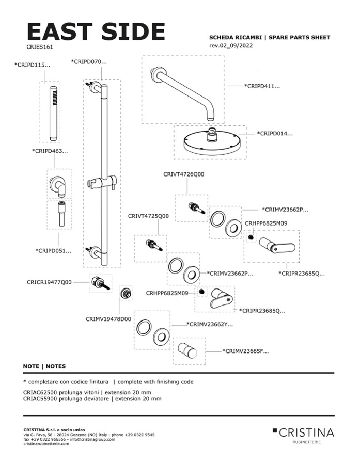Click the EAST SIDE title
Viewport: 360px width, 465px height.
(x=96, y=31)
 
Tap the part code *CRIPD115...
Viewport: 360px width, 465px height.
(x=33, y=65)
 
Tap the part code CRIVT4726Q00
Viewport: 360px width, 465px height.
(x=183, y=174)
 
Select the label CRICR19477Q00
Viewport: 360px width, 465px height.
(x=50, y=282)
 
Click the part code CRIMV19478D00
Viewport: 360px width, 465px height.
(x=108, y=319)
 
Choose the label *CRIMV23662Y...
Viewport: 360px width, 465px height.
(x=210, y=324)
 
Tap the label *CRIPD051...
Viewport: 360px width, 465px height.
(x=53, y=250)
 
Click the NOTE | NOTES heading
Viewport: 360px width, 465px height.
(x=44, y=366)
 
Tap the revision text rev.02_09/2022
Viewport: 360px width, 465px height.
(x=232, y=46)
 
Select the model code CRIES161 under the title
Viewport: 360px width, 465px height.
(x=40, y=46)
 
